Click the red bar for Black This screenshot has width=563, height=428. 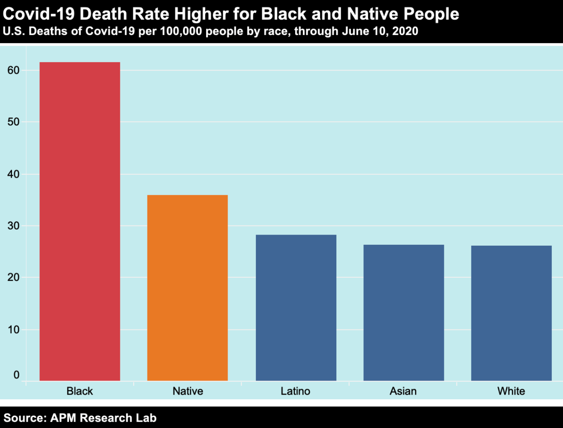[x=80, y=221]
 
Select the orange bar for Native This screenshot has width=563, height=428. [x=187, y=288]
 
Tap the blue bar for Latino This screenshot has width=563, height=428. [x=296, y=307]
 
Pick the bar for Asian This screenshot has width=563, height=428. [x=404, y=312]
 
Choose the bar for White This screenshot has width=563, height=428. [x=511, y=313]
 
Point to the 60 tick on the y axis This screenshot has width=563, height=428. [x=14, y=70]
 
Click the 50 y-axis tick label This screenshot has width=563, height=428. [x=14, y=122]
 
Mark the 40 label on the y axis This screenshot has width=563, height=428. [x=14, y=174]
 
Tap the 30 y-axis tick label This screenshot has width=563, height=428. [x=14, y=226]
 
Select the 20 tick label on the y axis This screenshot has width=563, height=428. [x=14, y=278]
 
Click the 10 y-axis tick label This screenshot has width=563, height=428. [x=14, y=330]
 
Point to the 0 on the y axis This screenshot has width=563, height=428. [x=17, y=375]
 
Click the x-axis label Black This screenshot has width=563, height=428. [x=80, y=391]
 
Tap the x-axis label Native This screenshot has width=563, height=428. [x=188, y=391]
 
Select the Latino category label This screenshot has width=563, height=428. [x=296, y=391]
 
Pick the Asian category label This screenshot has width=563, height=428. [x=403, y=391]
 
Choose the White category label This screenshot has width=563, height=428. [x=511, y=391]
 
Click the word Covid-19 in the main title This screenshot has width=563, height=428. [x=38, y=14]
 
